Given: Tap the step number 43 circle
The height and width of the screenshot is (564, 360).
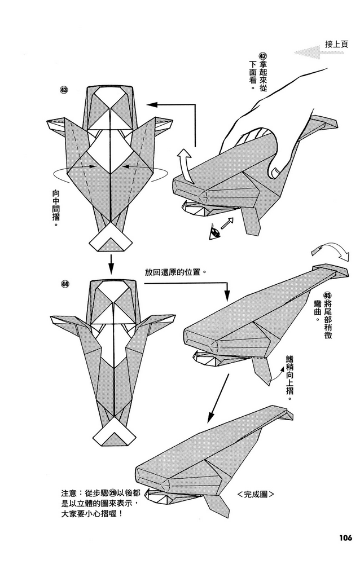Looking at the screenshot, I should tap(64, 90).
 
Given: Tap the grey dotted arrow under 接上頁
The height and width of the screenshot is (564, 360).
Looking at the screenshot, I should tap(315, 52).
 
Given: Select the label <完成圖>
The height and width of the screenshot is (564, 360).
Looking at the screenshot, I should tap(256, 494).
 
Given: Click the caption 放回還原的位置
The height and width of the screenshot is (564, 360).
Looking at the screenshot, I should tap(174, 272).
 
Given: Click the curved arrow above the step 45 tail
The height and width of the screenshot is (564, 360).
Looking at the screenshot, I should tap(328, 252).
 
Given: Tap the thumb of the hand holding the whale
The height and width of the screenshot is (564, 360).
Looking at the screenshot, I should tap(275, 168).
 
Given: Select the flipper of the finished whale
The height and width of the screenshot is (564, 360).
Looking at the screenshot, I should tap(214, 501).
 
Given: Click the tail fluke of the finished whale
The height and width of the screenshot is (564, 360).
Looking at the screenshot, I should tap(285, 414).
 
